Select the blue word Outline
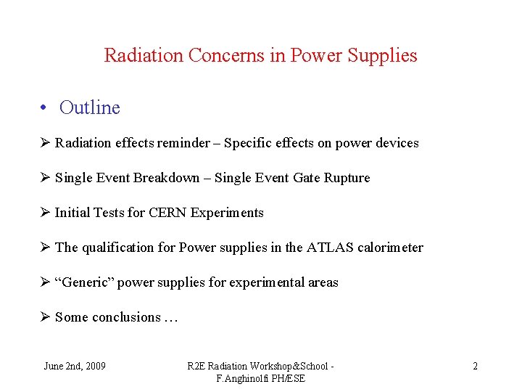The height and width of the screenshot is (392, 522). [x=90, y=108]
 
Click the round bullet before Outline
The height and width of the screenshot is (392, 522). [x=45, y=108]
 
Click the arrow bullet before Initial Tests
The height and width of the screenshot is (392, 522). [x=45, y=213]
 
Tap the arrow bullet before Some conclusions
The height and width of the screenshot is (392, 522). [x=45, y=317]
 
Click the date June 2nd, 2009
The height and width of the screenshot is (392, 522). [x=75, y=366]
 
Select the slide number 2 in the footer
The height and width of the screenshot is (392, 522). [x=475, y=366]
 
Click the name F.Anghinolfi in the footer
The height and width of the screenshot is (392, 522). [x=243, y=379]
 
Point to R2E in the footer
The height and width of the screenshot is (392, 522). [x=196, y=366]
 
